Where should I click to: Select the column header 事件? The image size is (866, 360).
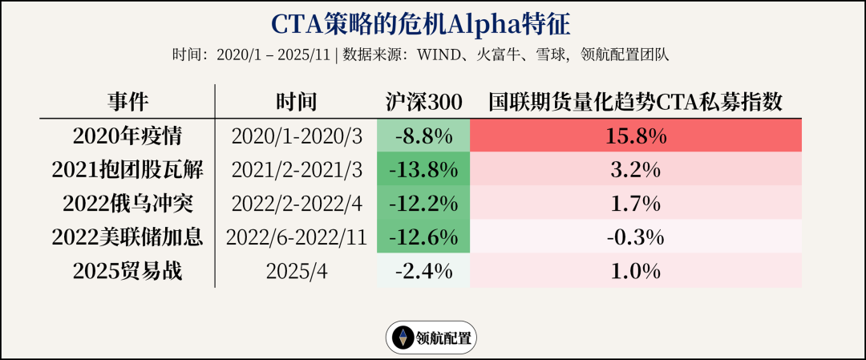(x=128, y=102)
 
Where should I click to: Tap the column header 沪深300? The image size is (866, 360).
(x=424, y=102)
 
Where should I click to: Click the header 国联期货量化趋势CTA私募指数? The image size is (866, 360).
(x=635, y=102)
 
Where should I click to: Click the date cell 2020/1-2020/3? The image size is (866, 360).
(x=296, y=136)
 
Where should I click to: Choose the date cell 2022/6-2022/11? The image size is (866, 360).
(x=296, y=237)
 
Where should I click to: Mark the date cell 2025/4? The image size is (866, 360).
(x=296, y=271)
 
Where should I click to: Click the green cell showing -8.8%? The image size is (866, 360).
(x=424, y=136)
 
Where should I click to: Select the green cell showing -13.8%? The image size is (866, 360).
(x=424, y=170)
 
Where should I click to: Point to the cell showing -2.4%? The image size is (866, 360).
(x=424, y=271)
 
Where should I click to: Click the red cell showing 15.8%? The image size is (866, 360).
(x=635, y=136)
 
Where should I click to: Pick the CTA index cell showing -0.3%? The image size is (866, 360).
(x=635, y=237)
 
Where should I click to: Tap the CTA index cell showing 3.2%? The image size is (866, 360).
(x=635, y=170)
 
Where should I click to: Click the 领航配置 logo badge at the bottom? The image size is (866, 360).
(x=431, y=338)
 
